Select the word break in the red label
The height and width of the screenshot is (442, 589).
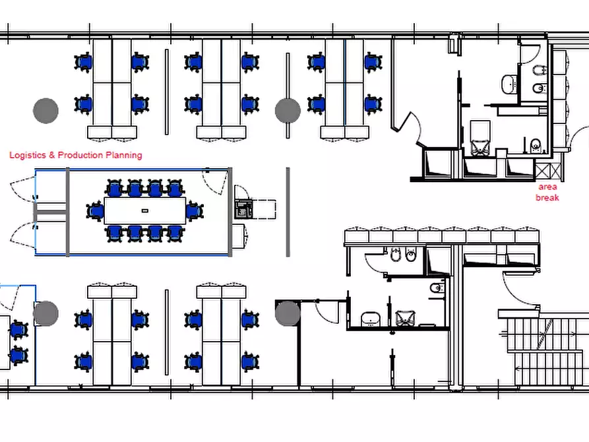(547, 198)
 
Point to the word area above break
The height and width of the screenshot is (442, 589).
(547, 187)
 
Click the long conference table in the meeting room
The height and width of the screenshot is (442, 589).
(145, 211)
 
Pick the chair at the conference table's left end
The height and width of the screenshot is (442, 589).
(95, 211)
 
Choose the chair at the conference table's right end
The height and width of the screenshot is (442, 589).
(195, 211)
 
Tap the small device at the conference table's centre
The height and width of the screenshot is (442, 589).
(145, 211)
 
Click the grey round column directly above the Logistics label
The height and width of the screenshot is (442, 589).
(46, 111)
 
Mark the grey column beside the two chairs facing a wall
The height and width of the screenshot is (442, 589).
(46, 313)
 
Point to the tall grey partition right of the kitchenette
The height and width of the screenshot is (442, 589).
(288, 212)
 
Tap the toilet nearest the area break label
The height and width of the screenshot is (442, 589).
(536, 145)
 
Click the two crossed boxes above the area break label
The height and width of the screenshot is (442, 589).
(549, 171)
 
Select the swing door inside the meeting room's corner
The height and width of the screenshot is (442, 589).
(216, 182)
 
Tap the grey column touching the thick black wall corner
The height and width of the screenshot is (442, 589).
(288, 313)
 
